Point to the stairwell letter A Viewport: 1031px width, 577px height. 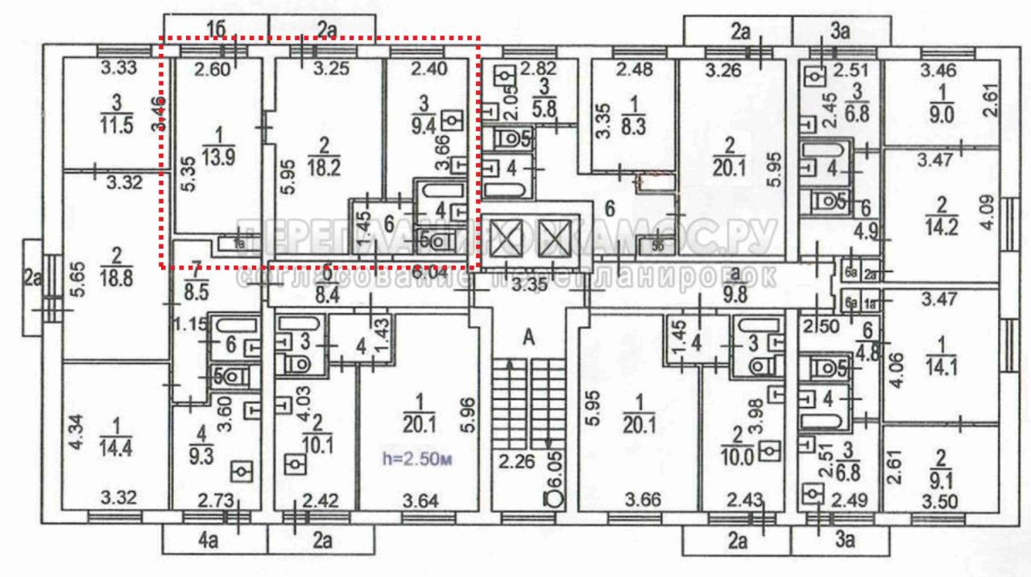(529, 339)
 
